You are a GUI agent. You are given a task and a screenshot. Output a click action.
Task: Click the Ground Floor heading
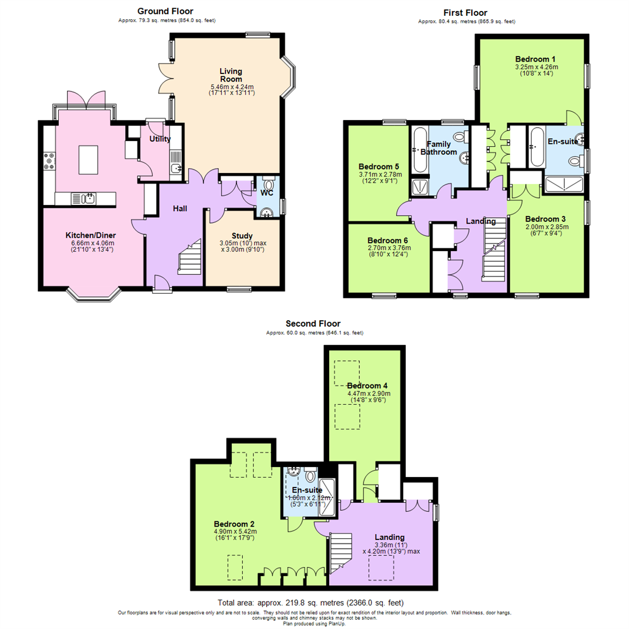tap(165, 11)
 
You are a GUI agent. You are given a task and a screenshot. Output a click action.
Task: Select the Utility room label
tap(160, 139)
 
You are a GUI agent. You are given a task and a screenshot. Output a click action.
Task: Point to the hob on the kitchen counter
tap(49, 161)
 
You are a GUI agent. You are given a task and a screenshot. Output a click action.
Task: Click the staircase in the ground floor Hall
tap(188, 259)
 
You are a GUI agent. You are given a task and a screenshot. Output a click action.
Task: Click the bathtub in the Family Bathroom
tap(419, 150)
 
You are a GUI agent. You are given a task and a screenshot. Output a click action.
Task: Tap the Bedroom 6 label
tap(388, 240)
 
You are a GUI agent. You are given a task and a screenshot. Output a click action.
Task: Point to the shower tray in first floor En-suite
tap(564, 186)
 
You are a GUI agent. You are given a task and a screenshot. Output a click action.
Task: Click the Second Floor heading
tap(313, 324)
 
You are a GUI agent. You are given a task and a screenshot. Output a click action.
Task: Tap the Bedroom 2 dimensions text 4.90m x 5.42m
tap(235, 531)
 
